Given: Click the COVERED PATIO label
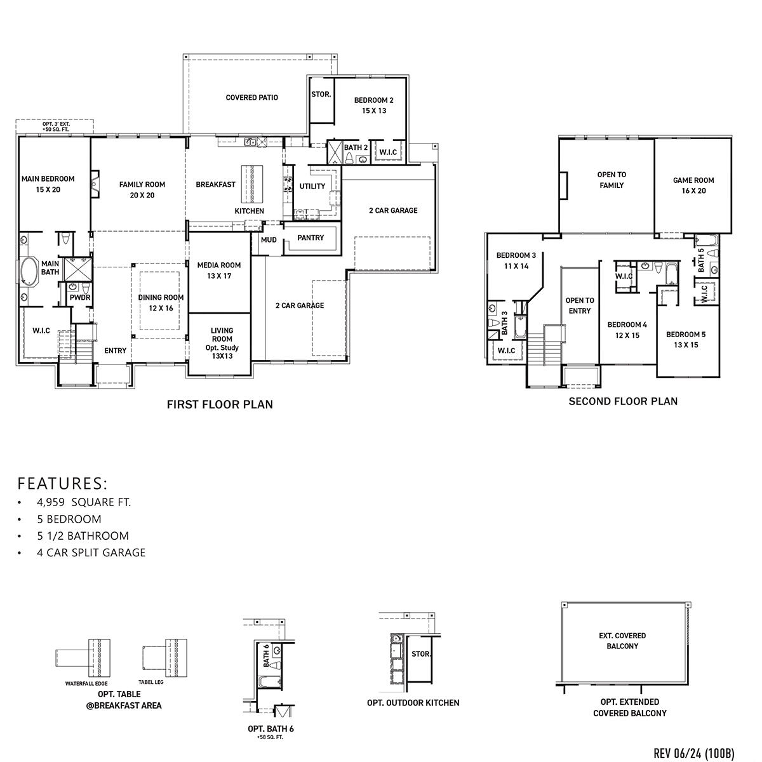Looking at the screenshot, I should tap(251, 98).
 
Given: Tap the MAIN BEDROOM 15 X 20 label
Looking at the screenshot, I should tap(48, 184).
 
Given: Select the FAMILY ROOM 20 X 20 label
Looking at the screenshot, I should tap(142, 190).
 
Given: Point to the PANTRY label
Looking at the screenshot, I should tap(311, 238).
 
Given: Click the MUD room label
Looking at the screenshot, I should tap(269, 240).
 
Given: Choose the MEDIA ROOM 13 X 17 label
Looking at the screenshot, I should tap(218, 271).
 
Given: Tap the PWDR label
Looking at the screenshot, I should tap(79, 297).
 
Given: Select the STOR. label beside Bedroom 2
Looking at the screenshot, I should tap(321, 95).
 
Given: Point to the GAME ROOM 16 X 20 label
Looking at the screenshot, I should tap(693, 185).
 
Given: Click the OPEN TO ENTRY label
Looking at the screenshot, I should tap(579, 305).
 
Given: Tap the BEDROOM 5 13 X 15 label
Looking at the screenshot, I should tap(685, 340).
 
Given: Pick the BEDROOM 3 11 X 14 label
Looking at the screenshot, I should tap(516, 261).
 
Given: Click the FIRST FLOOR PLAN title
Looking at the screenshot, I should tap(220, 404).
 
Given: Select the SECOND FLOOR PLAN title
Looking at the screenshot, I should tap(622, 401).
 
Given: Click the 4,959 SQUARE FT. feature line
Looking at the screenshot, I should tap(84, 502).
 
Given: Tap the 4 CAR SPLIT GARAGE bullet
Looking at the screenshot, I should tap(91, 552).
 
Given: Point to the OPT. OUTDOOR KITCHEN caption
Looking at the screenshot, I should tap(413, 703).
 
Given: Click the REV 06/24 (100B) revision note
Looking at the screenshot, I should tap(694, 753).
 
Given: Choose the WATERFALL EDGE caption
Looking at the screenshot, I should tap(86, 685).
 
